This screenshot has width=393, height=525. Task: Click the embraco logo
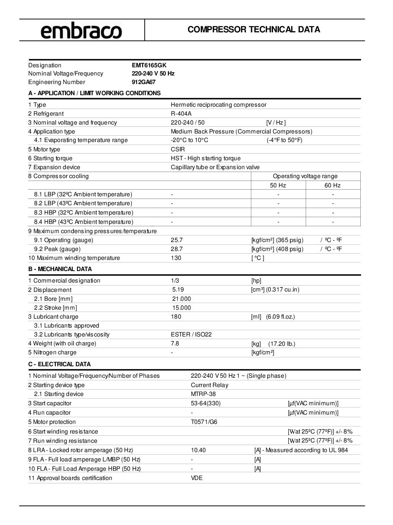point(81,30)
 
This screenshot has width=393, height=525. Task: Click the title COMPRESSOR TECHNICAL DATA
point(254,30)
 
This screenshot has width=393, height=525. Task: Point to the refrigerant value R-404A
point(181,114)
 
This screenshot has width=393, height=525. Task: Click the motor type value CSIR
point(178,149)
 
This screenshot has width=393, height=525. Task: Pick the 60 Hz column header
point(332,186)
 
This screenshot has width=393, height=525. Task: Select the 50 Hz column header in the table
point(278,186)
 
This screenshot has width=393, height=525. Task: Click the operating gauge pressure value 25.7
point(176,240)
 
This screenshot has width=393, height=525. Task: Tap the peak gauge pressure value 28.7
point(176,249)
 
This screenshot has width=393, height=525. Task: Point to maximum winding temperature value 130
point(176,258)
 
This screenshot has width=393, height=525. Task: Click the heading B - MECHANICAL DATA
point(60,269)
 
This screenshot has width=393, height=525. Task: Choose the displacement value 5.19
point(178,290)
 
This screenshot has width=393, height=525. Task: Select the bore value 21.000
point(181,299)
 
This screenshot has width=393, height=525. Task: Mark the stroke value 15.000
point(181,308)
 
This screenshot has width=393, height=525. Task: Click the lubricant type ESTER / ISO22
point(191,335)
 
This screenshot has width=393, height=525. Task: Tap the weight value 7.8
point(175,344)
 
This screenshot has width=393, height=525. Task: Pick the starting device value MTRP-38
point(203,394)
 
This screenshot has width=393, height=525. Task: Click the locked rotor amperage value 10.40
point(198,450)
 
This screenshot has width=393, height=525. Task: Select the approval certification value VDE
point(196,478)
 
